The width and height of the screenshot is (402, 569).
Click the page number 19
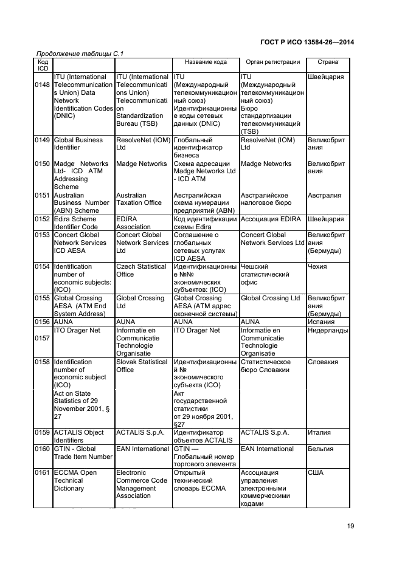351,526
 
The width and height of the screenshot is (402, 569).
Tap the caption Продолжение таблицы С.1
76,55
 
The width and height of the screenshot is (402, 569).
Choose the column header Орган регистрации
272,63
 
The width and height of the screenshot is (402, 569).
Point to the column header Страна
328,63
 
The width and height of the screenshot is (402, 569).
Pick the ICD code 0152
43,219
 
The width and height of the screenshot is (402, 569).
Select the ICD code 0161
43,472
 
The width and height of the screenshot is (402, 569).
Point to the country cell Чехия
317,267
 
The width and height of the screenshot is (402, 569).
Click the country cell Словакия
323,362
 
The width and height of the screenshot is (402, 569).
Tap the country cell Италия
319,433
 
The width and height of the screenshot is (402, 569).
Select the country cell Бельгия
321,449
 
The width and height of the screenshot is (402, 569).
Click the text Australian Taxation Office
139,199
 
